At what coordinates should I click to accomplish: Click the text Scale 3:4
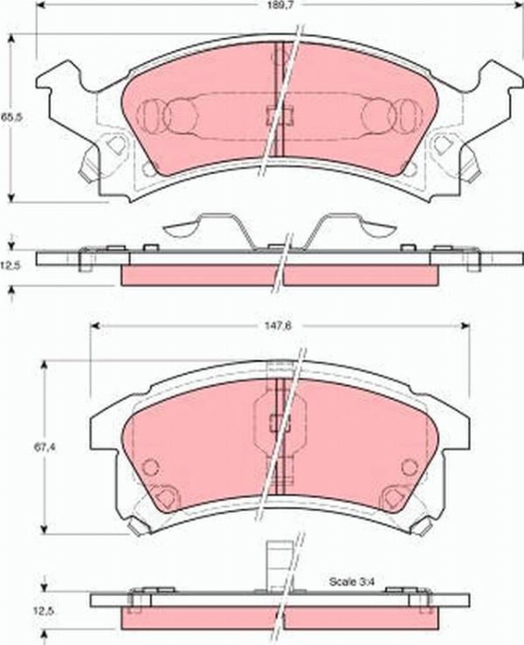(352, 580)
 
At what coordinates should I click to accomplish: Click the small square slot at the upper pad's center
(279, 114)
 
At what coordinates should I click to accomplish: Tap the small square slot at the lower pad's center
(279, 423)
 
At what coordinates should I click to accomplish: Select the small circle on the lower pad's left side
(150, 467)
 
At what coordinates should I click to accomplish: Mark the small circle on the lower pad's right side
(409, 467)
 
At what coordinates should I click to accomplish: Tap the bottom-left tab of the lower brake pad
(137, 526)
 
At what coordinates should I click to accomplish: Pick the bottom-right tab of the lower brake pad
(423, 526)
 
